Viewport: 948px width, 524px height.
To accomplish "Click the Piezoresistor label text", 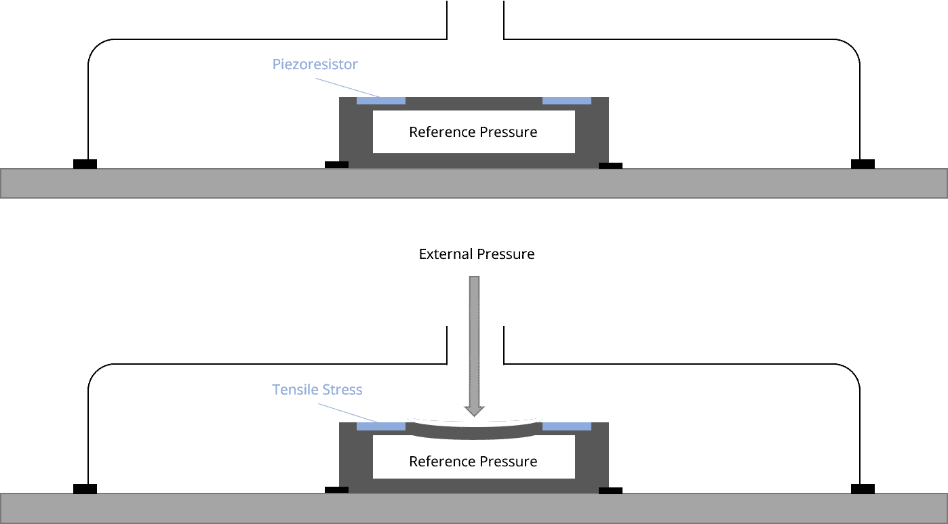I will coord(315,65).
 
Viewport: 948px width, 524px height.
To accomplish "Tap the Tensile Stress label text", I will coord(317,390).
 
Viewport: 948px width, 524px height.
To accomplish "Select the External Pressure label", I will coord(476,254).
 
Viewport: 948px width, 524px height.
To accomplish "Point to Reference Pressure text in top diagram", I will coord(473,132).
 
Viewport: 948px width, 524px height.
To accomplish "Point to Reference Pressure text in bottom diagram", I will coord(473,462).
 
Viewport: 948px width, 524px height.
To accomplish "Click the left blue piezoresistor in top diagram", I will coord(380,101).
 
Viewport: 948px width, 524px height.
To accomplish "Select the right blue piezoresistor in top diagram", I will coord(566,101).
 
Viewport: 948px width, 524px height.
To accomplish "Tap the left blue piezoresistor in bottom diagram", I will coord(380,426).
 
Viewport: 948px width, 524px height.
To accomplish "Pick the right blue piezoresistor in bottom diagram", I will coord(566,426).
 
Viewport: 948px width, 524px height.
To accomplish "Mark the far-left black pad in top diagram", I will coord(85,164).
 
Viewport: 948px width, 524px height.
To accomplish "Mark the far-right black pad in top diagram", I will coord(863,164).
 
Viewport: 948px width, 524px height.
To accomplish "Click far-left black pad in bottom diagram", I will coord(85,489).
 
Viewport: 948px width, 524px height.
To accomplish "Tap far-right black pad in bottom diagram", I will coord(863,489).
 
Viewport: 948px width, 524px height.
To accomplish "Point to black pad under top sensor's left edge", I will coord(336,164).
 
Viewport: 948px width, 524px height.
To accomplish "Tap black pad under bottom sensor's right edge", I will coord(610,490).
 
